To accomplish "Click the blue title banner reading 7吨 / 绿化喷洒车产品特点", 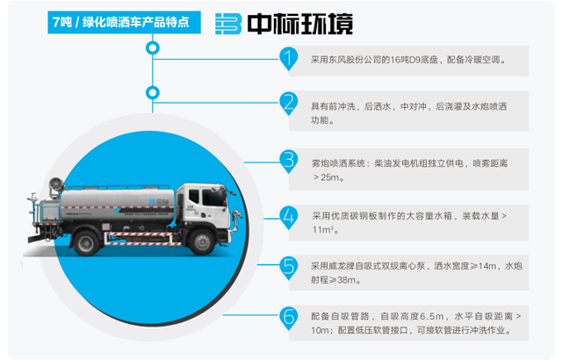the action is tap(124, 22).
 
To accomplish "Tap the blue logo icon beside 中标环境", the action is tap(228, 24).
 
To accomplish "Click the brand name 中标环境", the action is tap(300, 24).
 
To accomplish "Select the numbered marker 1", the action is tap(289, 58).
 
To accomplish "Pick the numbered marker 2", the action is tap(289, 104).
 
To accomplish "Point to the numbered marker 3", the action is tap(289, 162).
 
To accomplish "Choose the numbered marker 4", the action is tap(289, 218).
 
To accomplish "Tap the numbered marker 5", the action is tap(289, 268).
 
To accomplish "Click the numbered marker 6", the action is tap(289, 318).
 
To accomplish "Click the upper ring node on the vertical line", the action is tap(153, 42).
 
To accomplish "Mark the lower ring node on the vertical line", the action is tap(153, 87).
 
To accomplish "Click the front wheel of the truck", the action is tap(202, 241).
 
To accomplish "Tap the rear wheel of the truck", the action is tap(86, 243).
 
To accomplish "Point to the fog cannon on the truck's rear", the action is tap(56, 185).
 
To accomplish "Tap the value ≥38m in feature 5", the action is tap(345, 280).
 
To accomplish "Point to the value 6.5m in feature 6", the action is tap(431, 316).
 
